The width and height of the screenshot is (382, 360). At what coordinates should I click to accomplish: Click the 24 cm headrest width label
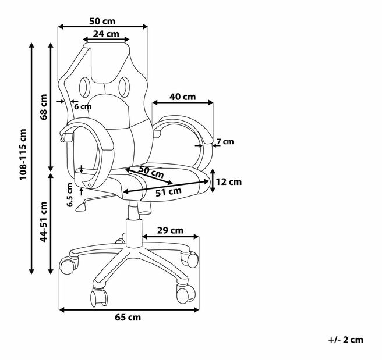[106, 34]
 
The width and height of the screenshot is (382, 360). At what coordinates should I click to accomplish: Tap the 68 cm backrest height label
[44, 107]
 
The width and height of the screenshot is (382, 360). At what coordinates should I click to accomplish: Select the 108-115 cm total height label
[23, 155]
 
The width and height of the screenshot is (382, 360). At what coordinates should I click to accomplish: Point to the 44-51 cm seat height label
[44, 222]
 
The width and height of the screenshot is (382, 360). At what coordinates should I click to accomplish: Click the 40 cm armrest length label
[183, 97]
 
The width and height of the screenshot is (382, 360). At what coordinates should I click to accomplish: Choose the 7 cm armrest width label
[225, 141]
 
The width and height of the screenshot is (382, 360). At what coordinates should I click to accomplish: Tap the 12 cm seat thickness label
[229, 182]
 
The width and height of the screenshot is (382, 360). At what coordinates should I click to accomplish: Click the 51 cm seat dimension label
[169, 192]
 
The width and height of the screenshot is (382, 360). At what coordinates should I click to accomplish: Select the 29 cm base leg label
[170, 230]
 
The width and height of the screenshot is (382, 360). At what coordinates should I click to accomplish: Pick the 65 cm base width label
[128, 318]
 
